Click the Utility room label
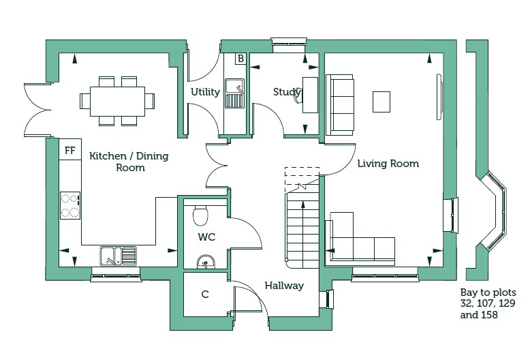(x=205, y=92)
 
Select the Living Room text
(x=388, y=164)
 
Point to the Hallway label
(x=284, y=286)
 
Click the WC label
(x=207, y=238)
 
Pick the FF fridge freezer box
(x=69, y=150)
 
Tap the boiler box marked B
(x=240, y=59)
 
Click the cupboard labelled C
(x=204, y=295)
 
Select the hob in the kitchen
(x=71, y=205)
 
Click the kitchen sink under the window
(x=119, y=256)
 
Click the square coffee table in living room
(x=381, y=102)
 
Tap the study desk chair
(x=298, y=97)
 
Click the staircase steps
(x=300, y=225)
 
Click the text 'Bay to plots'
(x=488, y=292)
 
